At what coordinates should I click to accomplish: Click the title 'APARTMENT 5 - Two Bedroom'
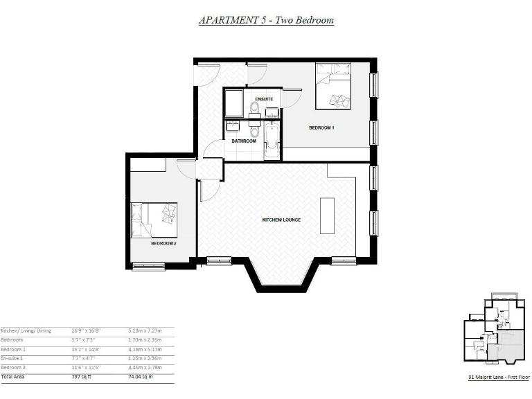(x=266, y=20)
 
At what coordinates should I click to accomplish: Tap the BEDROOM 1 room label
(x=321, y=128)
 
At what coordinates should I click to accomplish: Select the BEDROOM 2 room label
(x=163, y=244)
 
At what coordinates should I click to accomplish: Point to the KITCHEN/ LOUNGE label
(x=281, y=220)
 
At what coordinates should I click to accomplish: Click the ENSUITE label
(x=264, y=100)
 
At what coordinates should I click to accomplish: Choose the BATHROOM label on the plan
(x=244, y=141)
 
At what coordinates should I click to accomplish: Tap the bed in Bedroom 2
(x=154, y=220)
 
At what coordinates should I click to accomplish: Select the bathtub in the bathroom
(x=271, y=141)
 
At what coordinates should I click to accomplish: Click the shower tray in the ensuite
(x=233, y=103)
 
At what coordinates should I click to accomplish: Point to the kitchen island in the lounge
(x=327, y=215)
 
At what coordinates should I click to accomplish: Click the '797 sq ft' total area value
(x=82, y=377)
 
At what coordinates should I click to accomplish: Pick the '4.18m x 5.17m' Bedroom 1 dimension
(x=144, y=349)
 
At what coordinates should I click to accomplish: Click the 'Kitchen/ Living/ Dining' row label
(x=26, y=330)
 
